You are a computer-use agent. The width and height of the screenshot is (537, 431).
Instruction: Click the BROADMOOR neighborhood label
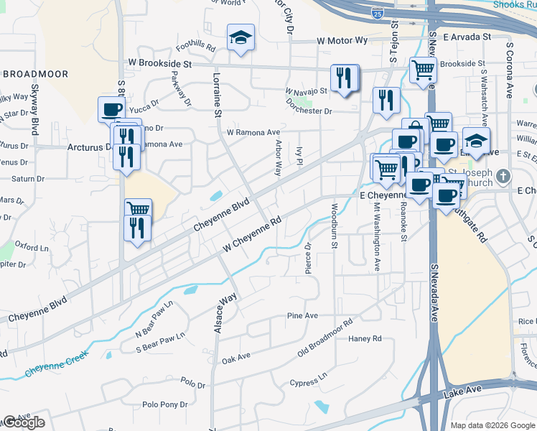click(x=35, y=74)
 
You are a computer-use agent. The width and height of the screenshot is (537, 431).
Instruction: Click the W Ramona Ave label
click(x=253, y=132)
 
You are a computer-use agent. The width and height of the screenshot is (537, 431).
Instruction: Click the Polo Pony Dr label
click(x=164, y=404)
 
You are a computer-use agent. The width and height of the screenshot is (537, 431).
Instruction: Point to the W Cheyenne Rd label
click(x=250, y=236)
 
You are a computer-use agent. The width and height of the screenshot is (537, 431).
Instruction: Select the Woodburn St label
click(x=335, y=226)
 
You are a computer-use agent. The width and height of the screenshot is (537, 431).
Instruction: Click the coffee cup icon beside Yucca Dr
click(x=111, y=109)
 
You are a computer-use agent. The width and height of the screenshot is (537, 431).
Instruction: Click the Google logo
click(x=24, y=422)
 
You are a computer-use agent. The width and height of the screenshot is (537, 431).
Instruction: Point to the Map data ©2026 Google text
click(x=492, y=425)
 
